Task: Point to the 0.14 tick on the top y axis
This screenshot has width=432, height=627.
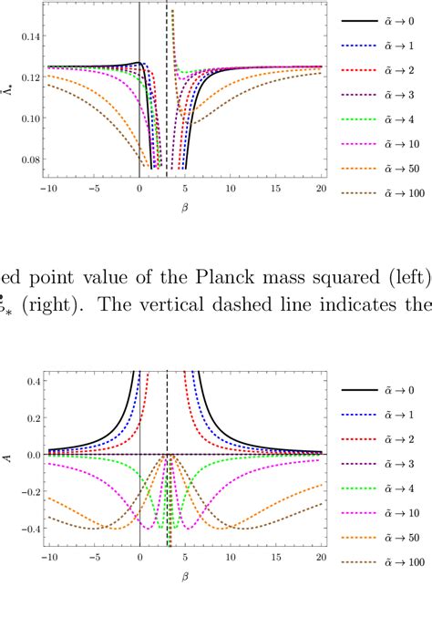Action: (x=29, y=37)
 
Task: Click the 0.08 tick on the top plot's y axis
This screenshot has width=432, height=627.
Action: (x=29, y=160)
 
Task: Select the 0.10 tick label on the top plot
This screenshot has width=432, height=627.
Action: (x=29, y=119)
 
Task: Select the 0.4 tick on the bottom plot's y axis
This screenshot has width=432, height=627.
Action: (x=29, y=380)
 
